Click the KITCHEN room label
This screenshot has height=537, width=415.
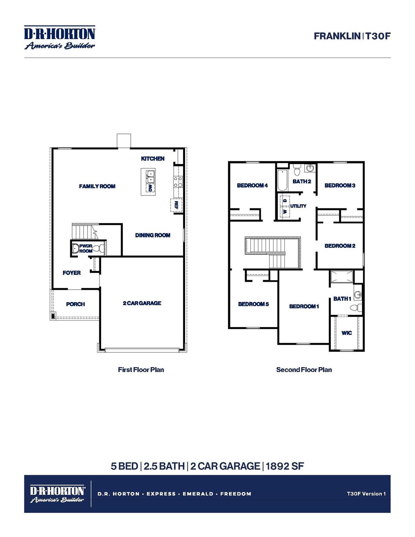click(x=152, y=159)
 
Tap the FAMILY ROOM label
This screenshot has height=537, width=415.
click(x=97, y=186)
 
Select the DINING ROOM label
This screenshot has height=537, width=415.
click(x=152, y=235)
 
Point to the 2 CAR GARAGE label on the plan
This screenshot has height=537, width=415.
click(x=142, y=303)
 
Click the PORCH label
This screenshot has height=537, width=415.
click(x=75, y=304)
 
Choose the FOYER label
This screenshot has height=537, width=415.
click(x=71, y=273)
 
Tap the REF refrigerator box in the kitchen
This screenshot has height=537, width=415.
click(x=176, y=205)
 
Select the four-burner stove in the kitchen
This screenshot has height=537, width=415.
click(x=178, y=182)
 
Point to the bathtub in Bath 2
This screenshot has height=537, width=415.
click(x=281, y=180)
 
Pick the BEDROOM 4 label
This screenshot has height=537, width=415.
click(x=252, y=186)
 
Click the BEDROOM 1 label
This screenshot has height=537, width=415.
click(x=304, y=307)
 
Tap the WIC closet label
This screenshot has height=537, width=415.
click(x=346, y=333)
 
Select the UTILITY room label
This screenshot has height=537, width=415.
click(x=298, y=206)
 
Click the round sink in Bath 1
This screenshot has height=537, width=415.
click(x=357, y=295)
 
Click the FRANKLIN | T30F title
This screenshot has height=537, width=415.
click(x=351, y=36)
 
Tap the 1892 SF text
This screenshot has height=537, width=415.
click(x=285, y=466)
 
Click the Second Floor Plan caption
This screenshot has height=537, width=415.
click(x=304, y=370)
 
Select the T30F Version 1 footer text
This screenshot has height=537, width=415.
click(x=366, y=494)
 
